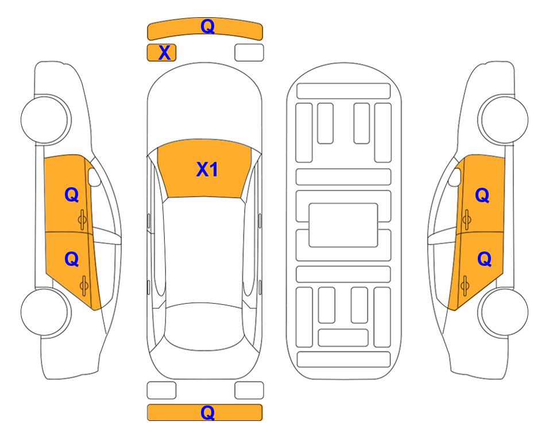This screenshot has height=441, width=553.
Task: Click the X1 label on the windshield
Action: click(x=207, y=169)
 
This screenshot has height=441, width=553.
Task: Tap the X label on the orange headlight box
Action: click(x=164, y=53)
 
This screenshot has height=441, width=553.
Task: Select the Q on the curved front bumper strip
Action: click(x=207, y=26)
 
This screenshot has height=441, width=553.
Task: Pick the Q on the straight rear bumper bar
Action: click(x=207, y=412)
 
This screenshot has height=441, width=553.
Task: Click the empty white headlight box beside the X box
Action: click(x=249, y=53)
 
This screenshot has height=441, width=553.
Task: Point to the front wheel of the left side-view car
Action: click(x=45, y=119)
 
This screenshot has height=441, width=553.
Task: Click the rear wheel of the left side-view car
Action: click(x=45, y=312)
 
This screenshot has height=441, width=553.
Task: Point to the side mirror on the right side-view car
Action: click(x=455, y=177)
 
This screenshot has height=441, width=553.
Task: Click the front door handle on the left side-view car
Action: click(x=83, y=220)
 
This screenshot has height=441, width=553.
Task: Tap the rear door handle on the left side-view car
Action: click(x=84, y=286)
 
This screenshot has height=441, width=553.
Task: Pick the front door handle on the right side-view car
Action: click(x=466, y=220)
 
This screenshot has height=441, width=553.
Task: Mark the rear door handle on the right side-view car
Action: click(x=465, y=286)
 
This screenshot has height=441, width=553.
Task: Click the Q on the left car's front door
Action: click(x=72, y=195)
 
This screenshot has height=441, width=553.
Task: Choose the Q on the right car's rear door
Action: click(x=484, y=260)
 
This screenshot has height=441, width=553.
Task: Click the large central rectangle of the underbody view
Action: click(x=343, y=225)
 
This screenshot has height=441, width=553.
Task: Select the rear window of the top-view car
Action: click(x=204, y=326)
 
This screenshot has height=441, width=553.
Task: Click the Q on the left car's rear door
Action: click(x=72, y=260)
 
